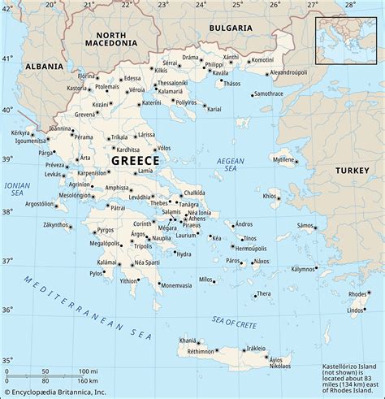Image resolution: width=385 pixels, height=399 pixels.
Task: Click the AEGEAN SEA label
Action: [231, 165]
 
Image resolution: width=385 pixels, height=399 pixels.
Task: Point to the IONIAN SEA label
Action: [17, 189]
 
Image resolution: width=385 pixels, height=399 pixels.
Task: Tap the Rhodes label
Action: [357, 294]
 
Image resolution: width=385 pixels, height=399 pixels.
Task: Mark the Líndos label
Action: [356, 310]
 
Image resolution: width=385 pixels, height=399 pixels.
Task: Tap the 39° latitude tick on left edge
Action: [7, 159]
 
